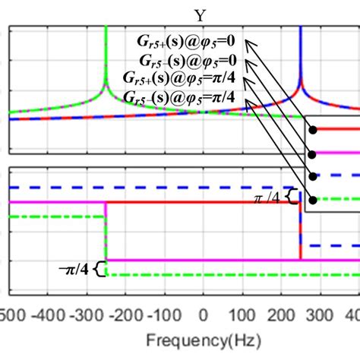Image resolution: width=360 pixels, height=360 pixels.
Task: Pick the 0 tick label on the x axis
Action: coord(203,314)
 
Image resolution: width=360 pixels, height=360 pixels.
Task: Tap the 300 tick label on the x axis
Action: coord(321,314)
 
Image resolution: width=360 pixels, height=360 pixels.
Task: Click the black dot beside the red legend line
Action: coord(312,129)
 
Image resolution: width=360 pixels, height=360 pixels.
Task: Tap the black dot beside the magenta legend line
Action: coord(312,153)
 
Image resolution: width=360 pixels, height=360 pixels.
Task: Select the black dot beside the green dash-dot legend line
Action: coord(312,200)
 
